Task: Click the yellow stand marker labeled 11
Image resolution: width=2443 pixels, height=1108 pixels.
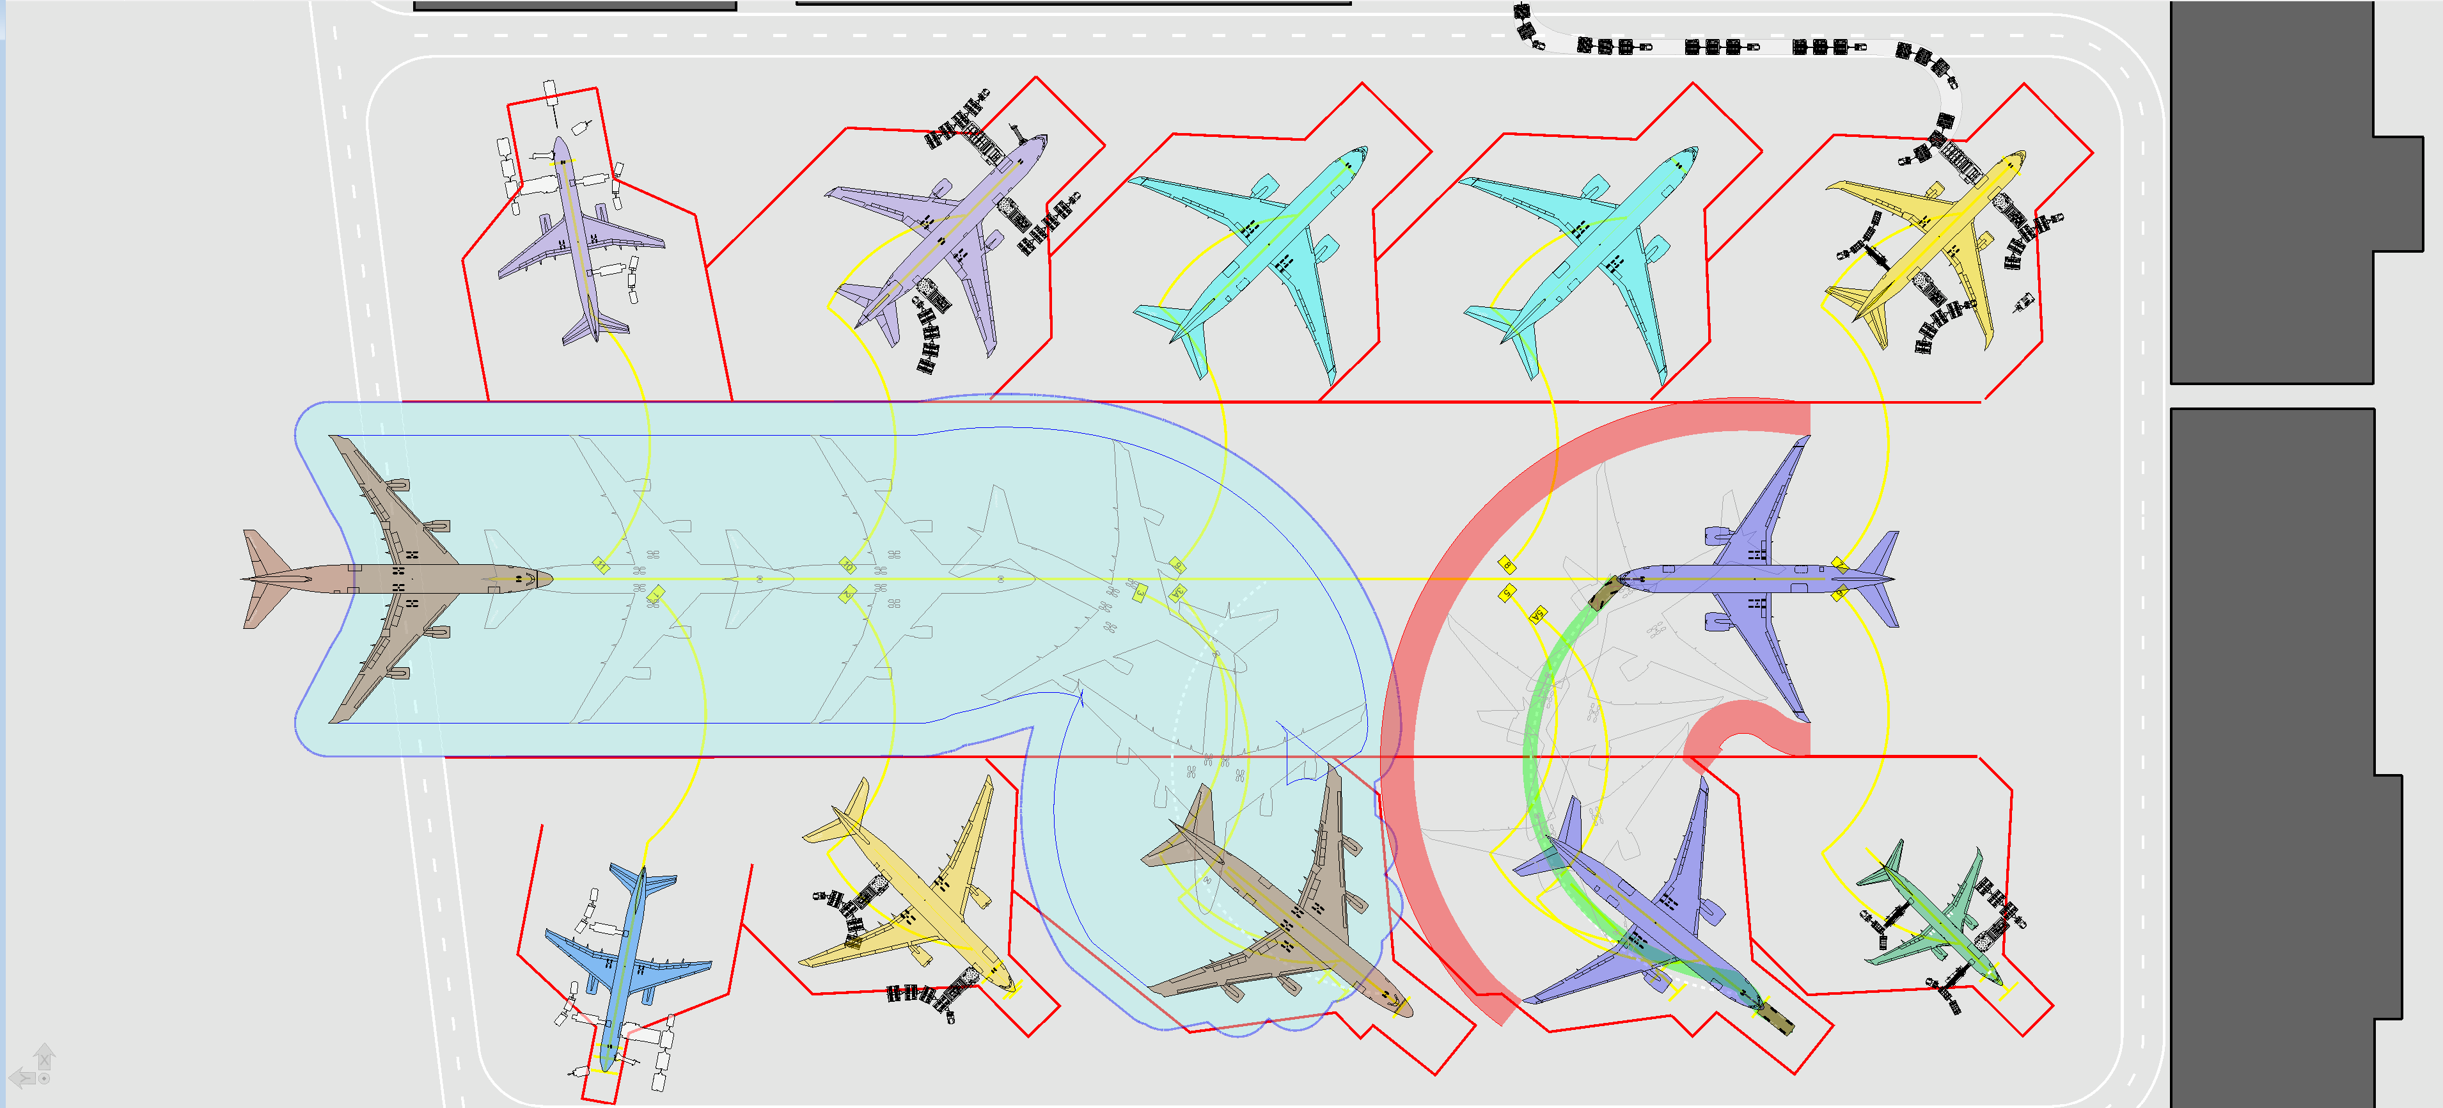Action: pyautogui.click(x=601, y=566)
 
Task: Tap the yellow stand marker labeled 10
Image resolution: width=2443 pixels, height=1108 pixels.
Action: pyautogui.click(x=848, y=566)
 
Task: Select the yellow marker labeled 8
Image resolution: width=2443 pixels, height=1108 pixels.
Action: pyautogui.click(x=1507, y=566)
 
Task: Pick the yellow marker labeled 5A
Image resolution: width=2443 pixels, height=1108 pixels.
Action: pyautogui.click(x=1538, y=615)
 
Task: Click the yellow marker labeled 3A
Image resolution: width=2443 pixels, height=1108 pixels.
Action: pyautogui.click(x=1177, y=593)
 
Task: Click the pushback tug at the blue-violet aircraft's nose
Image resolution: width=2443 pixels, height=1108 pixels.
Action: pyautogui.click(x=1605, y=594)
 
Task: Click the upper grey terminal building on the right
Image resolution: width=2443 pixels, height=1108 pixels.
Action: pyautogui.click(x=2272, y=190)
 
